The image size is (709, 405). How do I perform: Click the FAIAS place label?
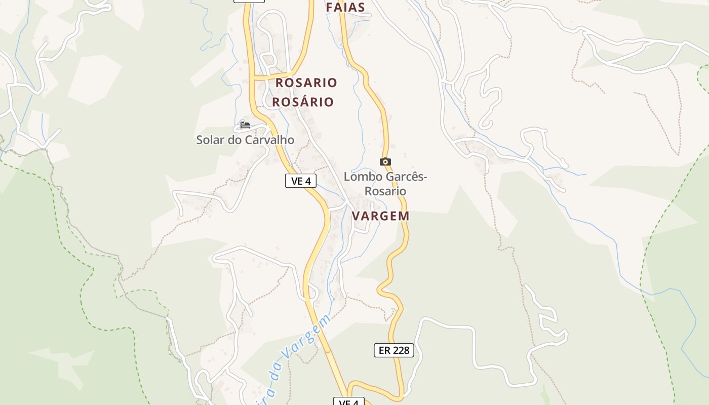[x=345, y=7]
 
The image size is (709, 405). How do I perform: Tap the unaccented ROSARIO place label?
[x=306, y=83]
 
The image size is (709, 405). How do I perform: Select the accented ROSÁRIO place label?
[x=303, y=102]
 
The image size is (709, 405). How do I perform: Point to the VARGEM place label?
[x=380, y=216]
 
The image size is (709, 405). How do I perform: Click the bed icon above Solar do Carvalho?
[x=245, y=125]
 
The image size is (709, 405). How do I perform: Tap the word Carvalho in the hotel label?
[x=269, y=140]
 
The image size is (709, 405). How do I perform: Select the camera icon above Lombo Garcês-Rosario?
[x=385, y=162]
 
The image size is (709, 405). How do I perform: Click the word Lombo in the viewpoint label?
[x=360, y=177]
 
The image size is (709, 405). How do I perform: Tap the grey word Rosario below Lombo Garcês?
[x=385, y=191]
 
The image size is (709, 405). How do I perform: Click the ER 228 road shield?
[x=394, y=350]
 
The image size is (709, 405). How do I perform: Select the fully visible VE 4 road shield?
[x=301, y=181]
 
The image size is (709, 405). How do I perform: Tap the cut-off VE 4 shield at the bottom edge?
[x=349, y=402]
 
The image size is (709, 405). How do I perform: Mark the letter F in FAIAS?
[x=330, y=7]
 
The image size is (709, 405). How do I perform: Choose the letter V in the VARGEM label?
[x=356, y=216]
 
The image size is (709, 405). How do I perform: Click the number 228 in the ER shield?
[x=401, y=350]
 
